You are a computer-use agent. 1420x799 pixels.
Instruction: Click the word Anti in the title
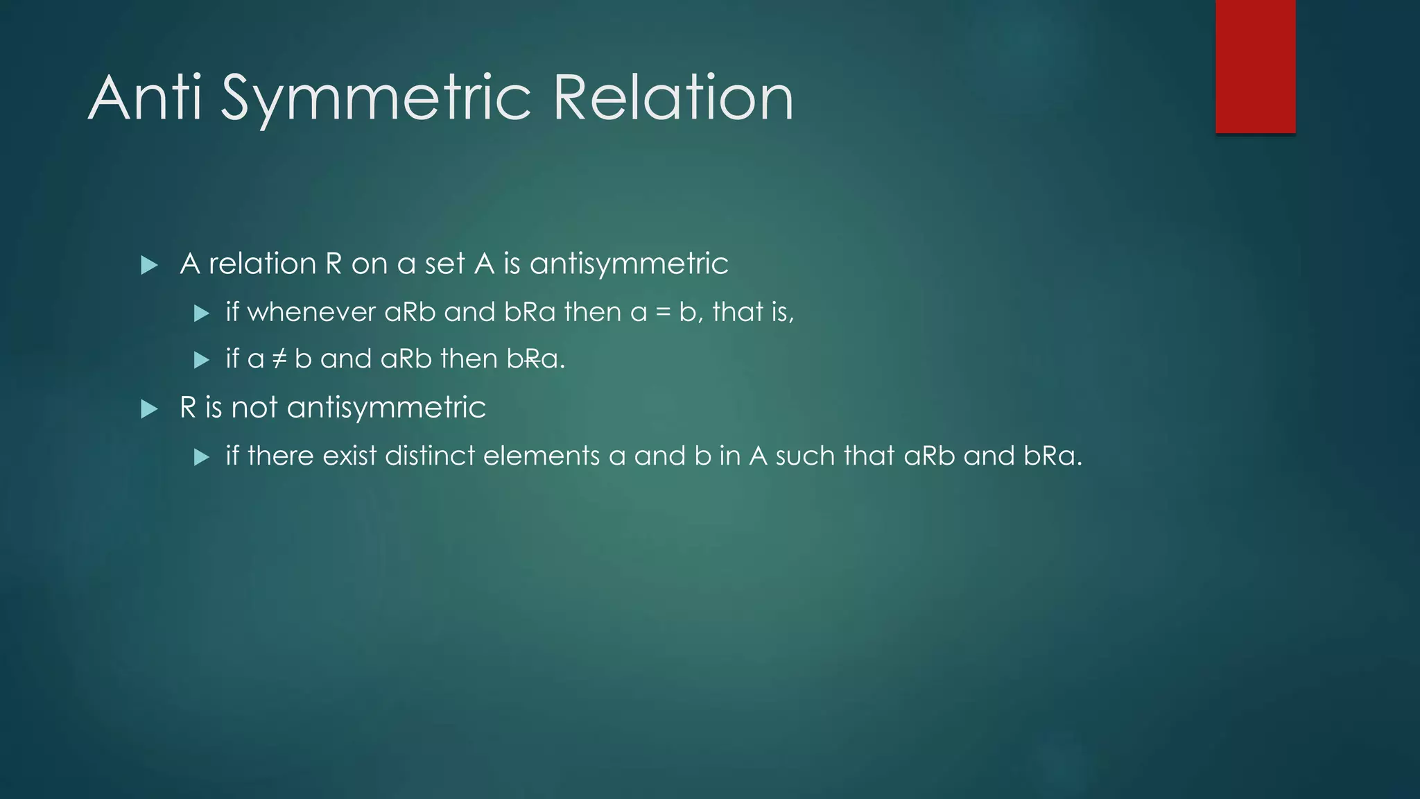(x=145, y=98)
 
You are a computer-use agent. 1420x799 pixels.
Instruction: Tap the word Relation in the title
(x=673, y=98)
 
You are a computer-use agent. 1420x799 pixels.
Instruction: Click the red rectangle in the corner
(x=1255, y=66)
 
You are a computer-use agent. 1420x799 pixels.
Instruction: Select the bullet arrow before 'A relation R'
(x=149, y=265)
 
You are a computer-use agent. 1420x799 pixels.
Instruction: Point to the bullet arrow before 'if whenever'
(x=202, y=313)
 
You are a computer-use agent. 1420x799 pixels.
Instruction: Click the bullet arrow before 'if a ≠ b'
(x=202, y=360)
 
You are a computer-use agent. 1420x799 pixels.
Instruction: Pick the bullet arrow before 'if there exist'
(x=202, y=457)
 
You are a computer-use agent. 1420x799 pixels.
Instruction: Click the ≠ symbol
(x=279, y=359)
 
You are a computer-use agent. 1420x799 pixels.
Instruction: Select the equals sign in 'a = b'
(x=663, y=313)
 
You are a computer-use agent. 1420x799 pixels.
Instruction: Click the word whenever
(x=311, y=312)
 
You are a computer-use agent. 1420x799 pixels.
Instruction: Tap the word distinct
(x=430, y=456)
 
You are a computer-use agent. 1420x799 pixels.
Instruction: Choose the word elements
(x=542, y=456)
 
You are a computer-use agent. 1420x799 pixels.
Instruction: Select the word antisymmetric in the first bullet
(x=629, y=264)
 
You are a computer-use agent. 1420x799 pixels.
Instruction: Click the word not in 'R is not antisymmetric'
(x=254, y=407)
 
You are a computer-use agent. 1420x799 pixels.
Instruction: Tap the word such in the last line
(x=805, y=456)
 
